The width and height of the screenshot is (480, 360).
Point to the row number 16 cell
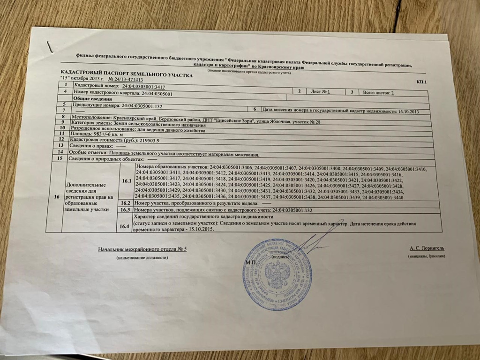pyautogui.click(x=57, y=197)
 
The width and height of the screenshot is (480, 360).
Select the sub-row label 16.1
pyautogui.click(x=125, y=182)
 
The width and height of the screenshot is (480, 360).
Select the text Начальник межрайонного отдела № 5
pyautogui.click(x=142, y=248)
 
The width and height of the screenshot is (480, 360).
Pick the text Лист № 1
pyautogui.click(x=321, y=91)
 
